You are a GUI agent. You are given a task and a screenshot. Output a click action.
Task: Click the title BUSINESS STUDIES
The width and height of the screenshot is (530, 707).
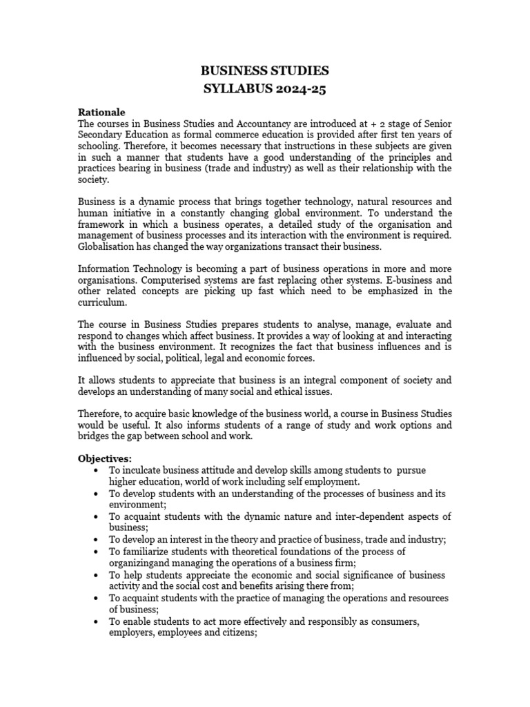[x=264, y=70]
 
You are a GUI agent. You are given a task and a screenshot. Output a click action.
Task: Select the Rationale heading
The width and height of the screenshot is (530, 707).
[x=101, y=112]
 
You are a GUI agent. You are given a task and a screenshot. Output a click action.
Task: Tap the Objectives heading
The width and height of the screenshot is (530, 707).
[x=104, y=458]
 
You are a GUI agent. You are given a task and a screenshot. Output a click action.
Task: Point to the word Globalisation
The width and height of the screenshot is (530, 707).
[x=107, y=246]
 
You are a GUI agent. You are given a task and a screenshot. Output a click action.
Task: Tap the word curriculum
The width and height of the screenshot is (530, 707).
[x=100, y=302]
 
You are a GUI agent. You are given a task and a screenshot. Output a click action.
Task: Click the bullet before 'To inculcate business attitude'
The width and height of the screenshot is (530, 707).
[x=94, y=470]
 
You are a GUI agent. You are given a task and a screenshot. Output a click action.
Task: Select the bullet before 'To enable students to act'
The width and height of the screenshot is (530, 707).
[x=94, y=621]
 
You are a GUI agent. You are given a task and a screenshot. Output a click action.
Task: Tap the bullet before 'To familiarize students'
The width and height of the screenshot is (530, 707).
[x=94, y=552]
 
